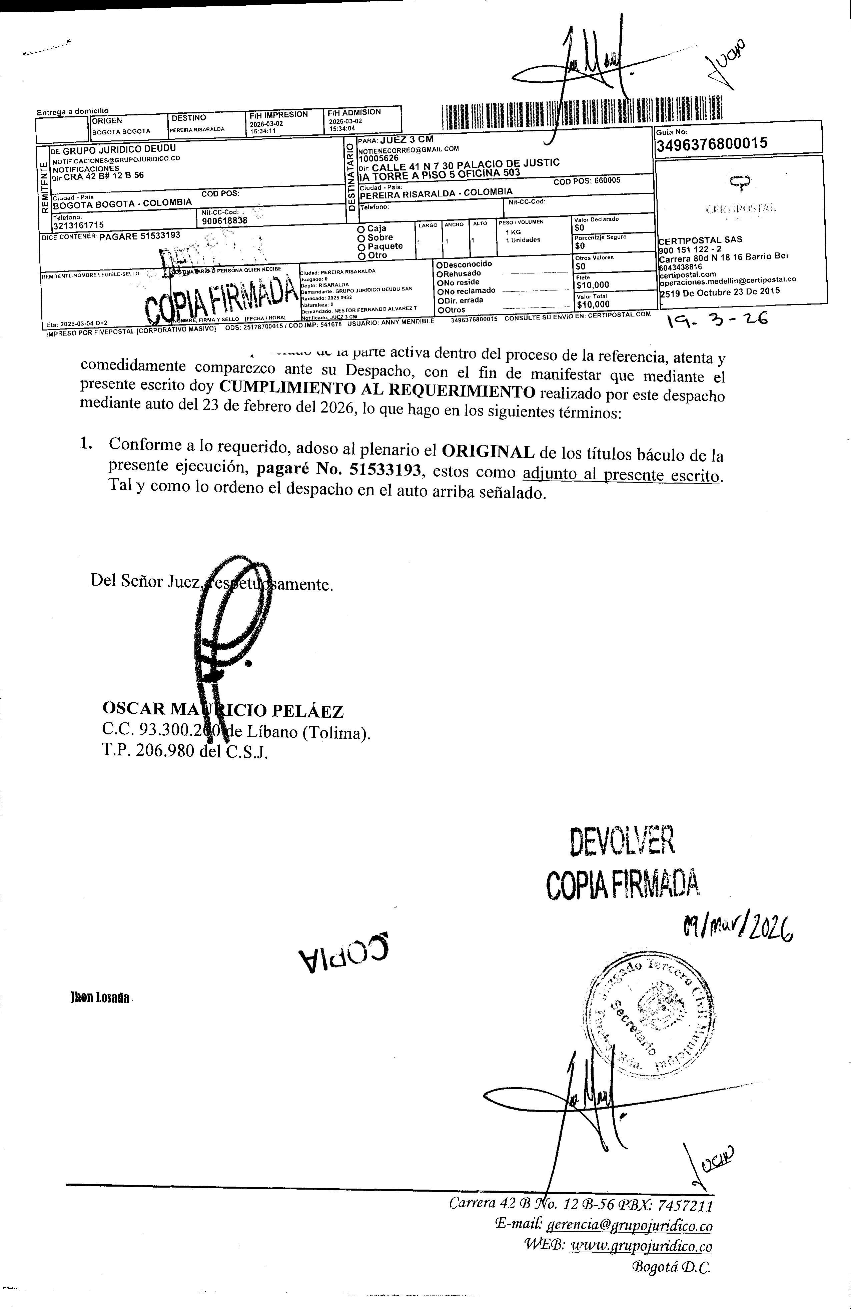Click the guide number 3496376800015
click(x=712, y=144)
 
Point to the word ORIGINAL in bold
click(x=488, y=452)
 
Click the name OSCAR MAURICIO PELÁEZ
click(x=223, y=711)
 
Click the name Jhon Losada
click(x=100, y=997)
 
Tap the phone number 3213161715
click(x=78, y=224)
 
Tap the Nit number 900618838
click(x=225, y=220)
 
